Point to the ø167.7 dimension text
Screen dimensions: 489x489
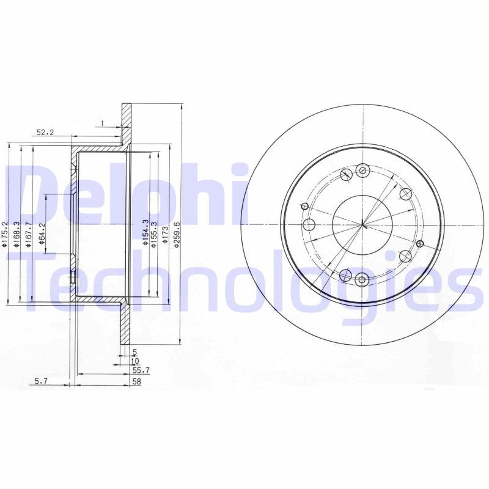(29, 234)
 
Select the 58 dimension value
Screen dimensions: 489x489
(138, 381)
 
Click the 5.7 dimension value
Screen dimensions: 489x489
(41, 381)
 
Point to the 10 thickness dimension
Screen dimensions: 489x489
(134, 361)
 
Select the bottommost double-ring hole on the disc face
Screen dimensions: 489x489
(362, 281)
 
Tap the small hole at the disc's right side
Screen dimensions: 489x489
(419, 243)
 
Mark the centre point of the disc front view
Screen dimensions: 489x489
(362, 226)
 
